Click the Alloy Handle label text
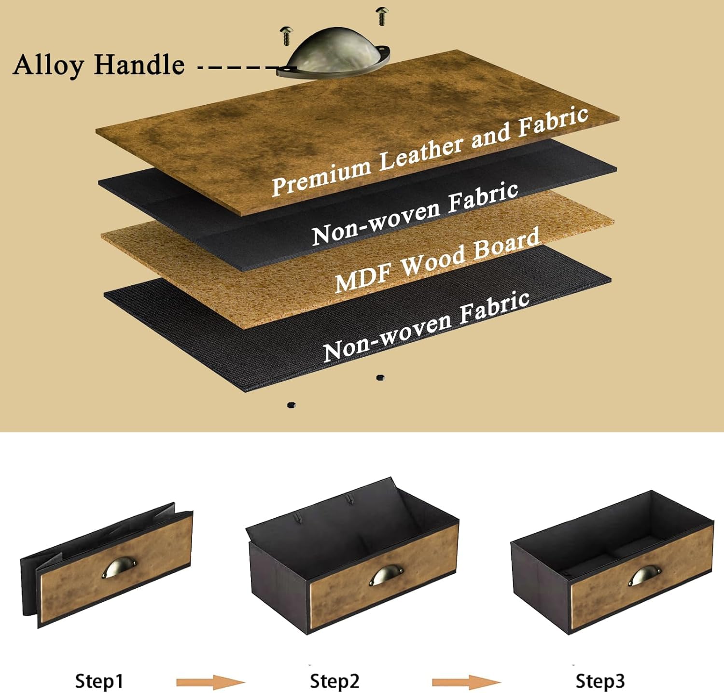tap(99, 65)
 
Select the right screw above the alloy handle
tap(382, 16)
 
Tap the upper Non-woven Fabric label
tap(415, 213)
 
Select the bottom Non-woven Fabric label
tap(426, 327)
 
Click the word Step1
tap(99, 681)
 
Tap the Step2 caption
tap(334, 681)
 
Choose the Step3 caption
tap(600, 681)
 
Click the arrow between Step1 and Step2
tap(210, 682)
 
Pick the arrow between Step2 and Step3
tap(466, 682)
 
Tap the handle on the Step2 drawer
tap(386, 575)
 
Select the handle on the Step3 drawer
tap(645, 576)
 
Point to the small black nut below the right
tap(380, 377)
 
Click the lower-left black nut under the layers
tap(291, 405)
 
